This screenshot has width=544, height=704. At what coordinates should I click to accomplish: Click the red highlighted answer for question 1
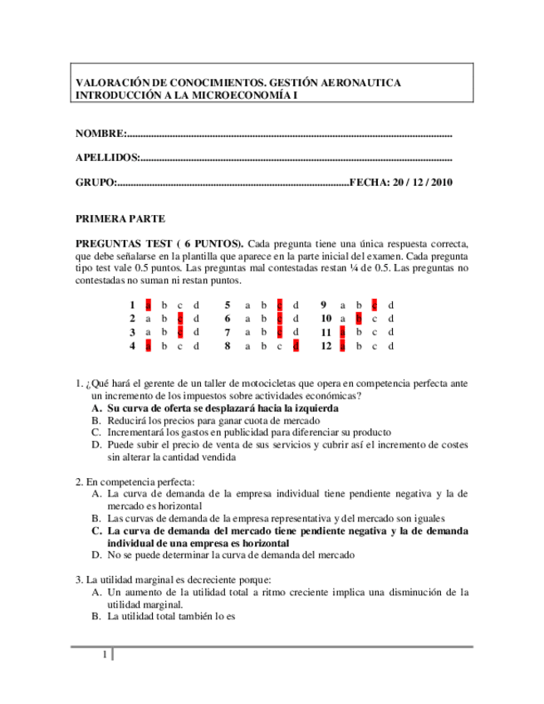(148, 305)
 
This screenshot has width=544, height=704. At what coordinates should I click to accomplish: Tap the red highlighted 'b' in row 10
(358, 318)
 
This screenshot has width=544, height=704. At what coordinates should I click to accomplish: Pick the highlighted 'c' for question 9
(375, 305)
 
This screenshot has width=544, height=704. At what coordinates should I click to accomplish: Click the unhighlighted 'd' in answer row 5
(296, 305)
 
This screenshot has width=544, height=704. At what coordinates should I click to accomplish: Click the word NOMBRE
(100, 134)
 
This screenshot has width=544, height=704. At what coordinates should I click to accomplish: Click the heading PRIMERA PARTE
(120, 219)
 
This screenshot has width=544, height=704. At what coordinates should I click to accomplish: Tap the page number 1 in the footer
(104, 656)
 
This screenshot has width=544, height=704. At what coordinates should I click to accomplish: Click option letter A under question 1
(96, 408)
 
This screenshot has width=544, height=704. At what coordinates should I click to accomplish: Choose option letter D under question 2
(96, 555)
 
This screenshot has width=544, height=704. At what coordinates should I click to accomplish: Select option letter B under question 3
(96, 617)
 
